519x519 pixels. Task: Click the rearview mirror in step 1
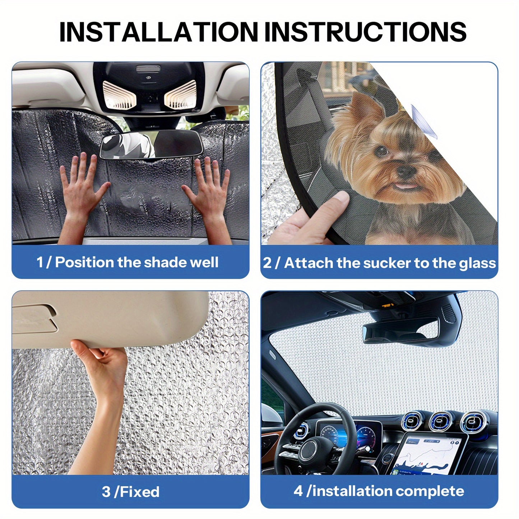click(151, 144)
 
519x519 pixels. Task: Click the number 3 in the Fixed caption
click(106, 492)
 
